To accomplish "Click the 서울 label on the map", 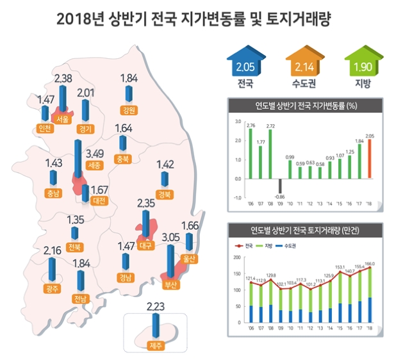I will tap(63, 119).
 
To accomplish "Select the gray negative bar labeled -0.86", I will tap(281, 186).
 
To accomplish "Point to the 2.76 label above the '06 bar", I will tap(251, 126).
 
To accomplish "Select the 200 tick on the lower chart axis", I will tap(238, 258).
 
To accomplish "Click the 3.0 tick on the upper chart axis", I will tap(238, 121).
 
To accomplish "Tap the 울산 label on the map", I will tap(188, 259).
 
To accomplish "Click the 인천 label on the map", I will tap(45, 128).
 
